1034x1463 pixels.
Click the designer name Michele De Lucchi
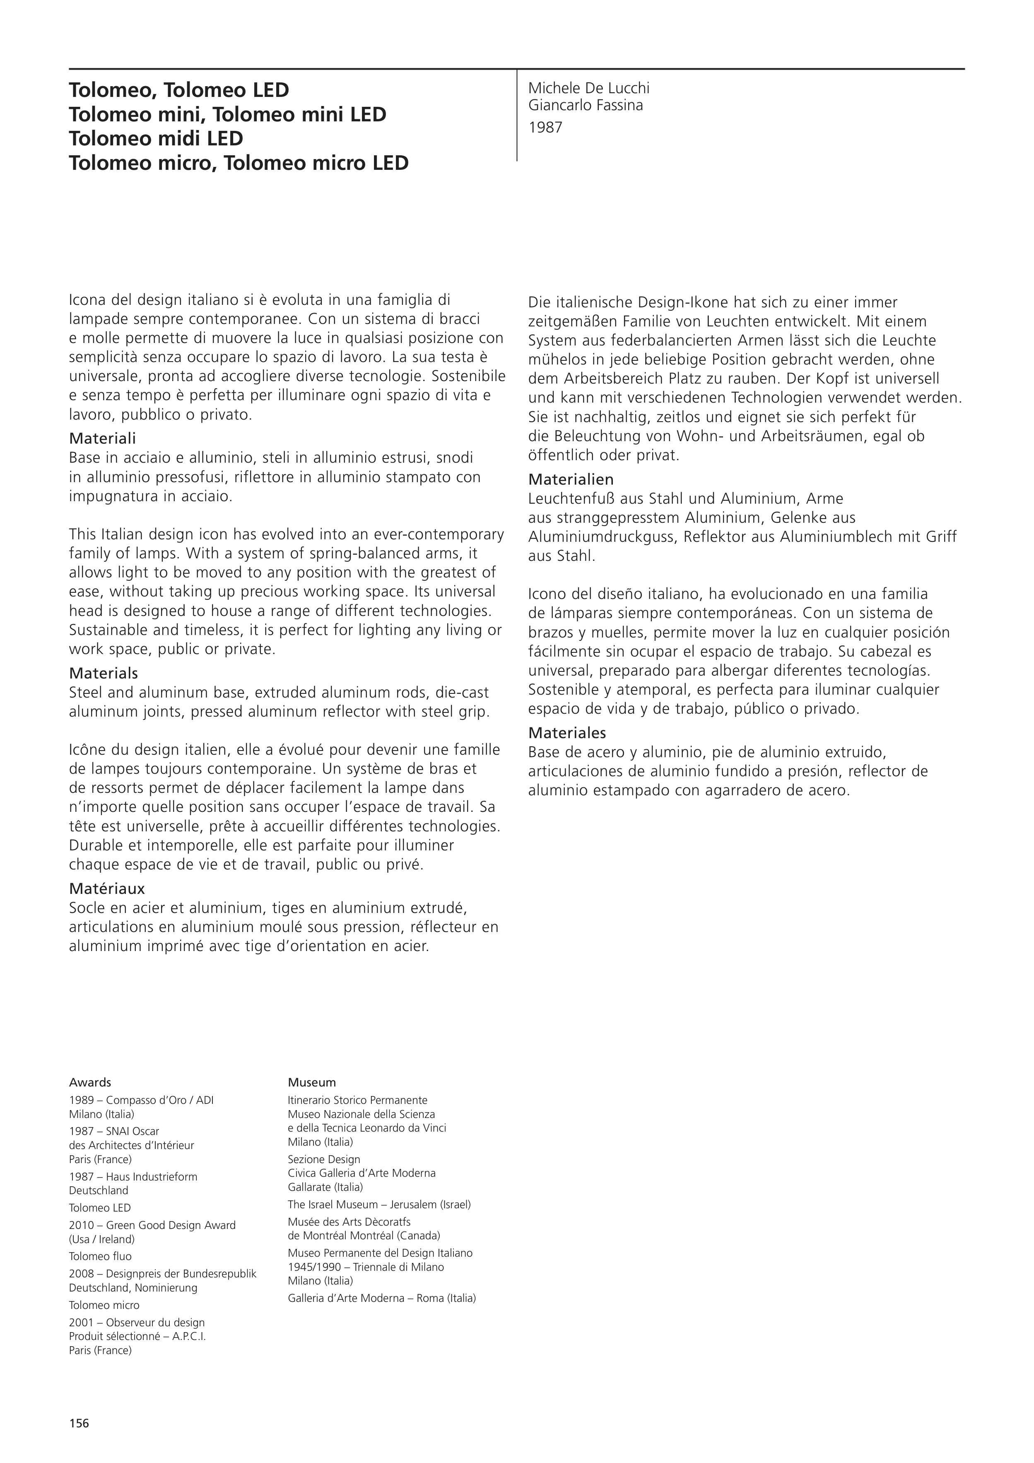[589, 89]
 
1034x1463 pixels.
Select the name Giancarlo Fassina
[586, 106]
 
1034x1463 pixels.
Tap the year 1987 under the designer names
[545, 128]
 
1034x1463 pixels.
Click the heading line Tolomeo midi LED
[156, 138]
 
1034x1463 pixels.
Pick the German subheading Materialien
[571, 479]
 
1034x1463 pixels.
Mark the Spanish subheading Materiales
[567, 733]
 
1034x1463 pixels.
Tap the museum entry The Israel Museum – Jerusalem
[379, 1204]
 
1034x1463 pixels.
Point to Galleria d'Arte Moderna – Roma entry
[382, 1298]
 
